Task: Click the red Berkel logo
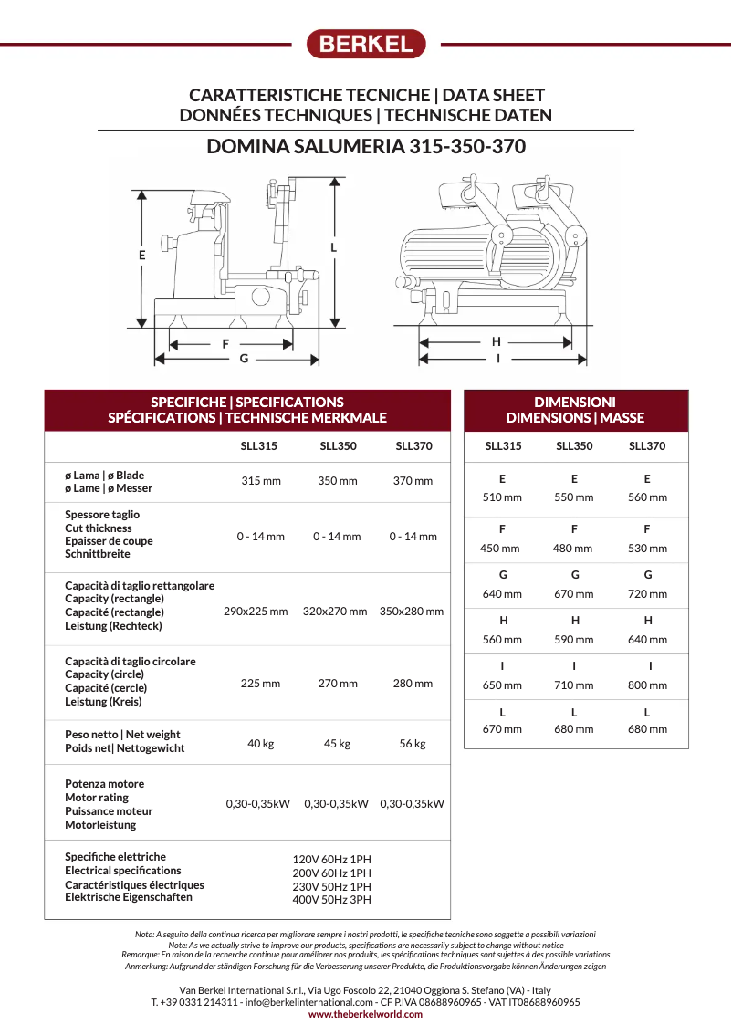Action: click(x=366, y=44)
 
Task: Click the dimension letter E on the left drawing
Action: click(x=142, y=256)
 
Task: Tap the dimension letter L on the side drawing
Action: click(x=334, y=247)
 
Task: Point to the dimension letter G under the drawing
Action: click(x=244, y=359)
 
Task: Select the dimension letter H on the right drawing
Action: click(x=497, y=341)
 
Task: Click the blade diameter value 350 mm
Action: click(x=337, y=481)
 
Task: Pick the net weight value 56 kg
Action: click(x=413, y=744)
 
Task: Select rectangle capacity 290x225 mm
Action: click(x=256, y=612)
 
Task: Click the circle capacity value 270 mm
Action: click(x=337, y=684)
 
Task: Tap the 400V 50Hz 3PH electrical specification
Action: click(x=331, y=900)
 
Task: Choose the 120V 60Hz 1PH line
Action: click(x=331, y=860)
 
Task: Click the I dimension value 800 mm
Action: click(x=647, y=685)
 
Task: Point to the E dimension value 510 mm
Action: click(x=502, y=497)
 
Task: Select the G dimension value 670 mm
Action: click(x=574, y=594)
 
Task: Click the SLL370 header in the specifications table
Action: click(x=413, y=446)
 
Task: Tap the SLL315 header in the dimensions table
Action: click(x=503, y=446)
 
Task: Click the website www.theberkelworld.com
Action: click(x=366, y=1014)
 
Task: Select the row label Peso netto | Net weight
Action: click(x=122, y=735)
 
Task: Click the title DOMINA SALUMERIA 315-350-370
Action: click(x=366, y=146)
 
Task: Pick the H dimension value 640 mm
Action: click(x=647, y=640)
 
